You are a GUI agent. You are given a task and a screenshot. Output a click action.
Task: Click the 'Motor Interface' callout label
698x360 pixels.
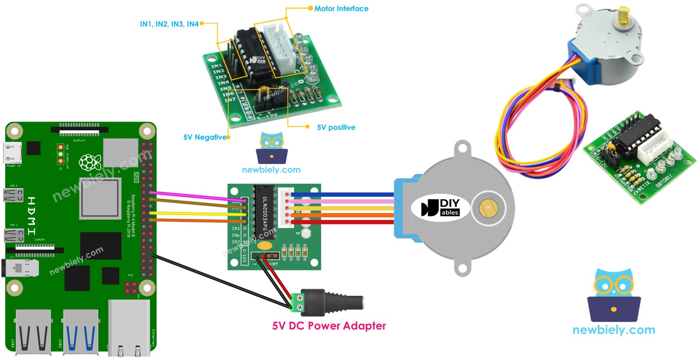[341, 8]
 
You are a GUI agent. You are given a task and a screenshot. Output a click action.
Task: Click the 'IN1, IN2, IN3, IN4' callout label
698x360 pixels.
[169, 24]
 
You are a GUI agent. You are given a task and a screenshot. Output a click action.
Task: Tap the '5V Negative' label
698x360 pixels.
[204, 137]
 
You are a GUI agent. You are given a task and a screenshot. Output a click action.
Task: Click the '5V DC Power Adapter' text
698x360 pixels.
[329, 326]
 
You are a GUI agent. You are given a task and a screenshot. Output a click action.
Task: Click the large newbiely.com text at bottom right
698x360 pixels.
[614, 330]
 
